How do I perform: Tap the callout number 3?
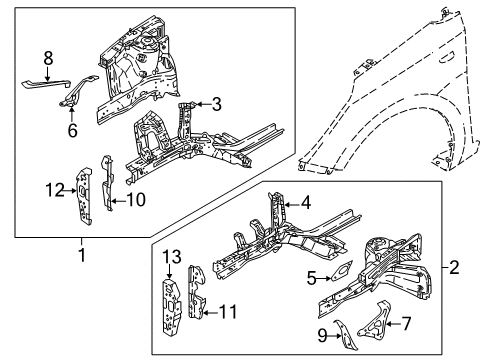[215, 103]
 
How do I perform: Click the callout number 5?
[310, 277]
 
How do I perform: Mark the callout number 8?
[47, 59]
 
